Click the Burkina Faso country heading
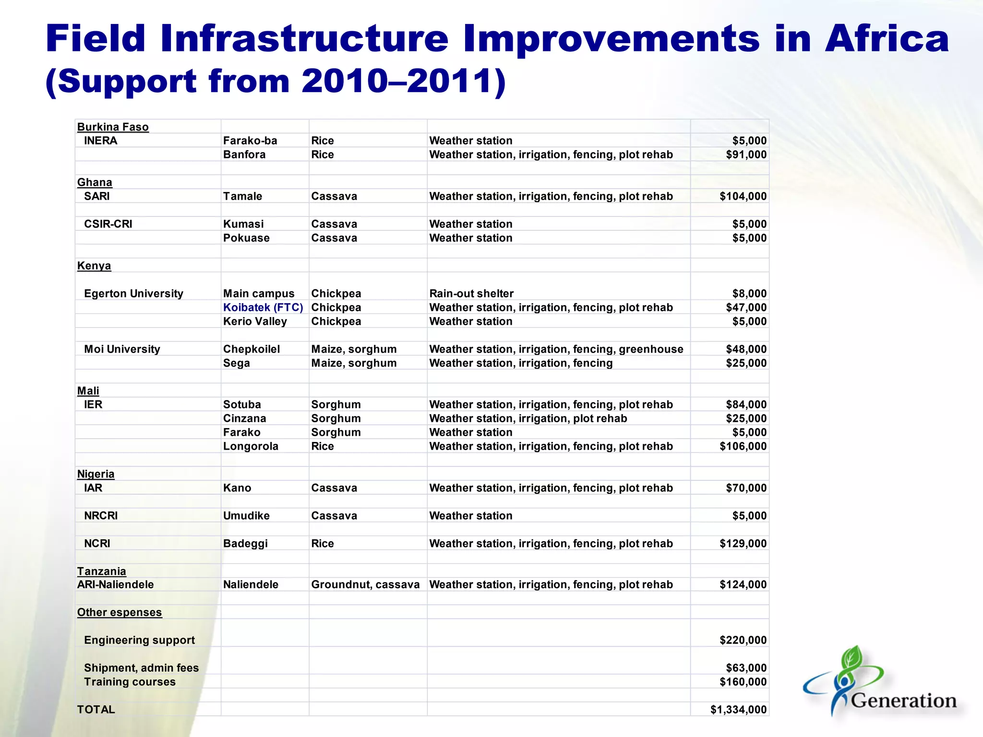pyautogui.click(x=113, y=127)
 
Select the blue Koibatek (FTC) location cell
pyautogui.click(x=263, y=308)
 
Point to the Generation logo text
pyautogui.click(x=903, y=701)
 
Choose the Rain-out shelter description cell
pyautogui.click(x=471, y=294)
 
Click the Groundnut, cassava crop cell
pyautogui.click(x=365, y=584)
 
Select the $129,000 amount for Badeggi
pyautogui.click(x=743, y=544)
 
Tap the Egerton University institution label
pyautogui.click(x=133, y=294)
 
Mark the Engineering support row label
pyautogui.click(x=139, y=640)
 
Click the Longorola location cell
pyautogui.click(x=251, y=446)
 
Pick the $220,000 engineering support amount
pyautogui.click(x=743, y=640)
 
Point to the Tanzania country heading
pyautogui.click(x=102, y=571)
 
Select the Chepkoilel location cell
pyautogui.click(x=252, y=349)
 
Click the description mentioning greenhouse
pyautogui.click(x=556, y=349)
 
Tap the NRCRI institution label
pyautogui.click(x=101, y=516)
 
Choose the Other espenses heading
pyautogui.click(x=120, y=612)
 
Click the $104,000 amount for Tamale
pyautogui.click(x=743, y=196)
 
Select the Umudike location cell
pyautogui.click(x=246, y=516)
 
